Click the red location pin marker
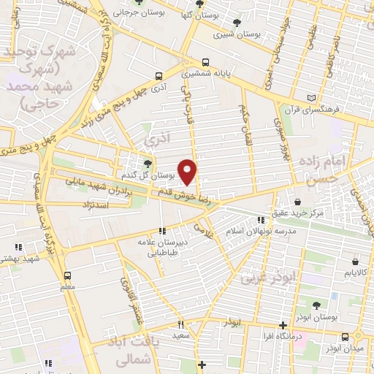pos(188,172)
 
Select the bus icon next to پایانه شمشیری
pos(205,62)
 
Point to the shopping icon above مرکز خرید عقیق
pos(298,202)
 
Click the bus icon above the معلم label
pos(68,275)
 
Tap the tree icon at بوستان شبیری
pos(236,21)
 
